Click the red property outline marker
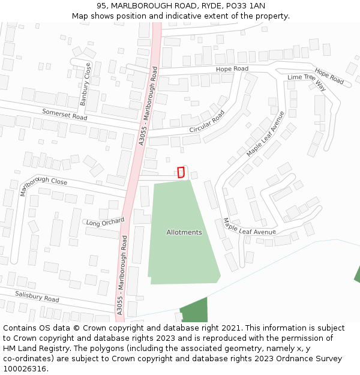pyautogui.click(x=181, y=172)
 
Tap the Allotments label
pyautogui.click(x=184, y=232)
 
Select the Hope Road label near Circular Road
pyautogui.click(x=232, y=69)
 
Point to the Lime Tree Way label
pyautogui.click(x=306, y=82)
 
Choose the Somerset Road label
pyautogui.click(x=64, y=114)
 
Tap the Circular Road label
pyautogui.click(x=207, y=121)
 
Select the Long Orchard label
pyautogui.click(x=105, y=223)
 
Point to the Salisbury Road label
pyautogui.click(x=37, y=295)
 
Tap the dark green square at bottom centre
pyautogui.click(x=194, y=310)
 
